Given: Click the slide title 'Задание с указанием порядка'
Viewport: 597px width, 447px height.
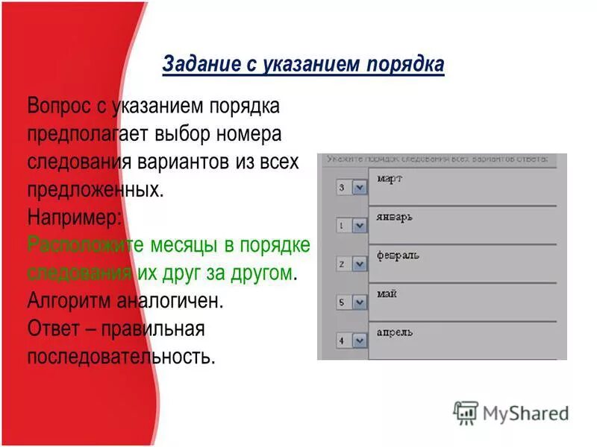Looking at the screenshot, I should [x=302, y=66].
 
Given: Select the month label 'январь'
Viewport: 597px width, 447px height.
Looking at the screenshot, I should [x=395, y=218].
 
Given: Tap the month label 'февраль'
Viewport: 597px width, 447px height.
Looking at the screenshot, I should [x=398, y=256].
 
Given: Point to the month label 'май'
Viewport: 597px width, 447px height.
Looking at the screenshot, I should [x=387, y=294].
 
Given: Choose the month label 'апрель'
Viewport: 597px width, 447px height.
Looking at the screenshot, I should [x=395, y=332].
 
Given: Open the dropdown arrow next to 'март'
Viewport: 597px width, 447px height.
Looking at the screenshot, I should [x=359, y=188].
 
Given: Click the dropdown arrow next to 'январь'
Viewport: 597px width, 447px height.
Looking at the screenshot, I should [x=359, y=226].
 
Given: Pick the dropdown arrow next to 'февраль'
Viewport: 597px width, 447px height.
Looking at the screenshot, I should [x=359, y=264].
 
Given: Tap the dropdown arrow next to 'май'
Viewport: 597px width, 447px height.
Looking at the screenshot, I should [x=359, y=302].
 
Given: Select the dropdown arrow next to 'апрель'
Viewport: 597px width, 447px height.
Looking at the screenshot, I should [x=359, y=340].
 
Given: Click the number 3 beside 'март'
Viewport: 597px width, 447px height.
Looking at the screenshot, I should [x=342, y=188].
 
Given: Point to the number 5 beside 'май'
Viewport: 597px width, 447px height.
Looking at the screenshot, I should [x=342, y=302].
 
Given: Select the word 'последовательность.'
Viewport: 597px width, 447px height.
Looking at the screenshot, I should [x=121, y=356].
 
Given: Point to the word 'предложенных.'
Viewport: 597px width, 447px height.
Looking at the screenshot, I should [x=95, y=189].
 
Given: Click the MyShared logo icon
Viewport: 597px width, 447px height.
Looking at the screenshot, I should [x=466, y=413].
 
